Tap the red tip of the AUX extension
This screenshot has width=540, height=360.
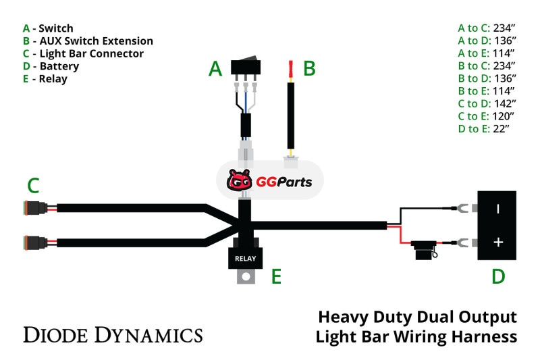290,68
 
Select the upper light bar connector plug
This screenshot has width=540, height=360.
34,208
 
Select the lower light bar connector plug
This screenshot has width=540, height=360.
34,242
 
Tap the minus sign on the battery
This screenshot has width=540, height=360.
498,209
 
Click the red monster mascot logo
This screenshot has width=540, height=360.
239,180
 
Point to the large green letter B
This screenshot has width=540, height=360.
309,68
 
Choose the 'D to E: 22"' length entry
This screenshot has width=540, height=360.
487,128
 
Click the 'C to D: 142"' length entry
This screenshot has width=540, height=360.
487,103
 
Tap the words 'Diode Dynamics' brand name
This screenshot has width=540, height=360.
113,334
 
